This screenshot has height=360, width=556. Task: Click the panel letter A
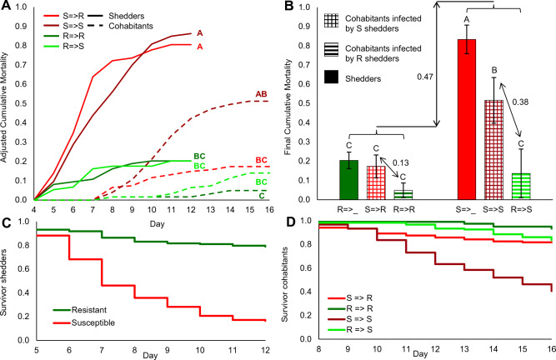pyautogui.click(x=8, y=7)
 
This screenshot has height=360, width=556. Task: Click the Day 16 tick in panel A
pyautogui.click(x=266, y=209)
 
